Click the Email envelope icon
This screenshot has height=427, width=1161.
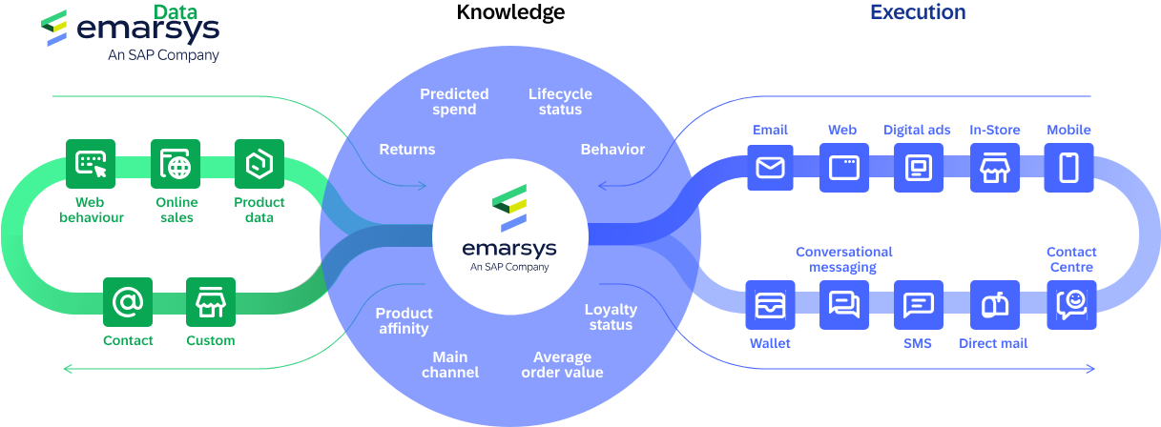(770, 168)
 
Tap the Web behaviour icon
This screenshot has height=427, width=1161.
(91, 164)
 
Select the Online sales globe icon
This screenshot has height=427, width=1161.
(176, 164)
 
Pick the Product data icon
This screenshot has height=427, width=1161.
(259, 164)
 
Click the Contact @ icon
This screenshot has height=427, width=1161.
(128, 303)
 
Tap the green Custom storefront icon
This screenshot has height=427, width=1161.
(210, 303)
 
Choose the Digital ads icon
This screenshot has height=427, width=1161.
(918, 168)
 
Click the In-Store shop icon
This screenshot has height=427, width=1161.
(994, 168)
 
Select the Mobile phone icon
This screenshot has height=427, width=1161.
(1069, 168)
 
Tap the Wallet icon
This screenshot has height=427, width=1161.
(770, 305)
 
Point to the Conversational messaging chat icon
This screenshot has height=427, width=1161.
(844, 305)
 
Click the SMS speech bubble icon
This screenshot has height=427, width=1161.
(918, 305)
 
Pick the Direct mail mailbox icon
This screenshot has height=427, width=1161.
(994, 305)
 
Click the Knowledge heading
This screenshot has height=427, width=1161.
(510, 12)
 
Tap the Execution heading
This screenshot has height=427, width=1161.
(918, 12)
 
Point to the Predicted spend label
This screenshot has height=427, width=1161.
(454, 101)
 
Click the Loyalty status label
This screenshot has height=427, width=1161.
(611, 316)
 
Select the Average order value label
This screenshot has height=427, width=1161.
(562, 365)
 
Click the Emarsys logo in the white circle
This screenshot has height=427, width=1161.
(509, 228)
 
